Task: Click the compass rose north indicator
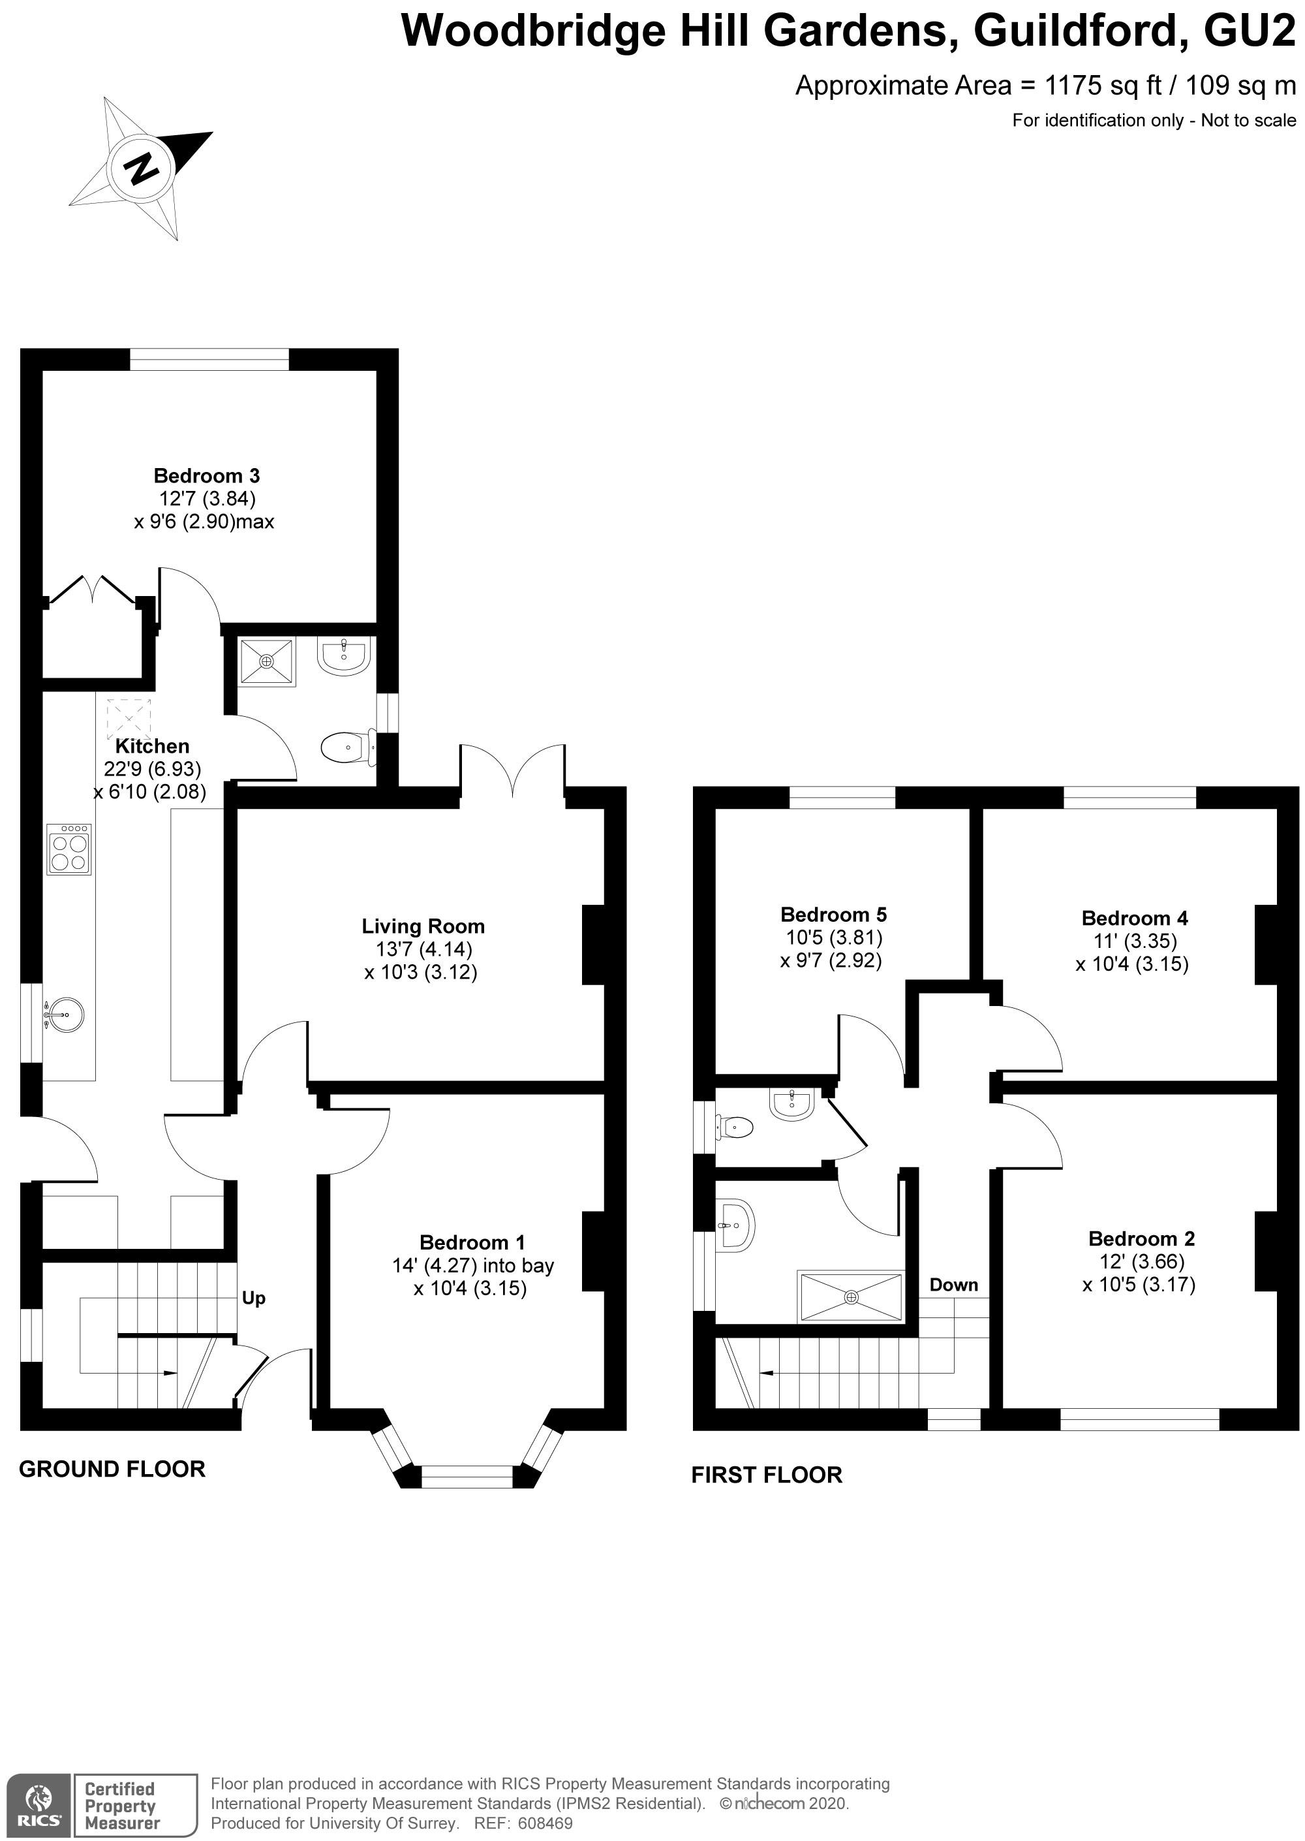(x=141, y=169)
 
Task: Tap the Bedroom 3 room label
(x=207, y=476)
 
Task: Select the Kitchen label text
(x=152, y=746)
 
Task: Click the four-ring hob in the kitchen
(x=69, y=849)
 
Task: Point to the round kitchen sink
(x=63, y=1015)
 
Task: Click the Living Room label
(x=423, y=926)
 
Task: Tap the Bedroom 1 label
(x=472, y=1242)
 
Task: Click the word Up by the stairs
(x=254, y=1298)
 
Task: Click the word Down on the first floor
(x=954, y=1285)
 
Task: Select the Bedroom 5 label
(x=833, y=914)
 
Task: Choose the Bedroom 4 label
(x=1135, y=918)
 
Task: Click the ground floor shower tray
(x=267, y=661)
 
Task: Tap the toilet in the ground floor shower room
(x=348, y=747)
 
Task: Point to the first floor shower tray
(x=851, y=1297)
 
